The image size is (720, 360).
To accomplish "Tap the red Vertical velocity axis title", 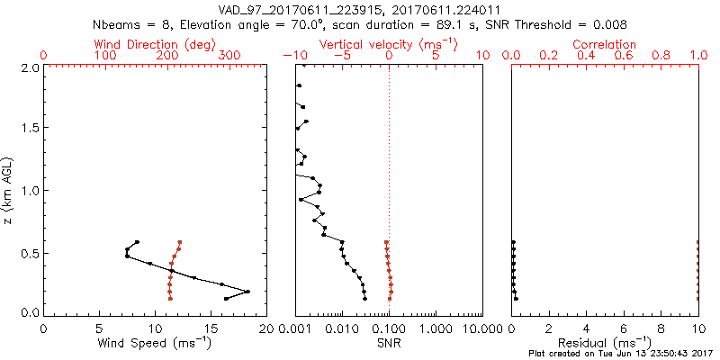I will tap(389, 44).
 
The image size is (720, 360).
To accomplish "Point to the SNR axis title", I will tap(389, 343).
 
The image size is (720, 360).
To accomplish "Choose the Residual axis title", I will tap(605, 343).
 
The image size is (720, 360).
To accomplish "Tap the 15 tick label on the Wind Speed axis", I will tap(211, 329).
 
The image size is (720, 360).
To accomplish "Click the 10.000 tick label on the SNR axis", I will tap(479, 329).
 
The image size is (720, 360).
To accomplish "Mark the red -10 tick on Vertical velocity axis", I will tap(297, 56).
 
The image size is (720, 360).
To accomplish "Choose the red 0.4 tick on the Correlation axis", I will tap(587, 56).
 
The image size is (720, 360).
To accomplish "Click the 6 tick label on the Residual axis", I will tap(625, 329).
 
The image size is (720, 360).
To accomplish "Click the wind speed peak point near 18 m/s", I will tap(247, 292).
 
